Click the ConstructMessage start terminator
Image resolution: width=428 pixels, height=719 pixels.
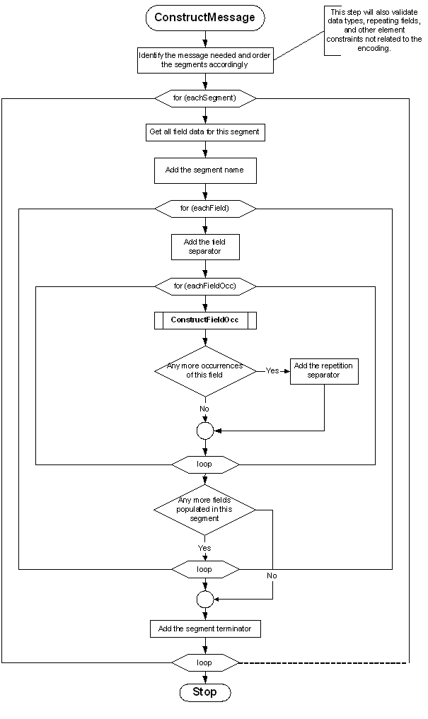tap(205, 18)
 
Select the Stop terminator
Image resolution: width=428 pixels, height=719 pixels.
tap(205, 692)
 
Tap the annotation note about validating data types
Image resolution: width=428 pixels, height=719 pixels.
tap(375, 30)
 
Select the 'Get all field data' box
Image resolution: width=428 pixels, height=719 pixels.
tap(205, 132)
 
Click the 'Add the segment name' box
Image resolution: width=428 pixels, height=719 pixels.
tap(205, 170)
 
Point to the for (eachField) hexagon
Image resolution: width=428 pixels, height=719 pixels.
tap(205, 209)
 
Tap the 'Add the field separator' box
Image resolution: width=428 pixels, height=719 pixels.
tap(205, 247)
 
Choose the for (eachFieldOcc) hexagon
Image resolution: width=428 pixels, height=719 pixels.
tap(205, 286)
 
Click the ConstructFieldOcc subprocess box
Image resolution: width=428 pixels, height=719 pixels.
tap(205, 320)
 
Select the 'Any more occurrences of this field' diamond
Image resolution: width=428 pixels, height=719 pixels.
tap(205, 370)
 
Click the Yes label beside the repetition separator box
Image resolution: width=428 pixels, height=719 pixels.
tap(272, 370)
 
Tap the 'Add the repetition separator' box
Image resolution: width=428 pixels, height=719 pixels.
tap(324, 370)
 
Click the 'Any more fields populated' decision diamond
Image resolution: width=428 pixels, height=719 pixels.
tap(205, 509)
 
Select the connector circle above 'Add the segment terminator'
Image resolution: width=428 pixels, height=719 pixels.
tap(205, 599)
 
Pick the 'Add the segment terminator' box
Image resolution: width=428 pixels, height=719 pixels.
tap(205, 629)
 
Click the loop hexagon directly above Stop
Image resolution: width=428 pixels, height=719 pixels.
tap(205, 662)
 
